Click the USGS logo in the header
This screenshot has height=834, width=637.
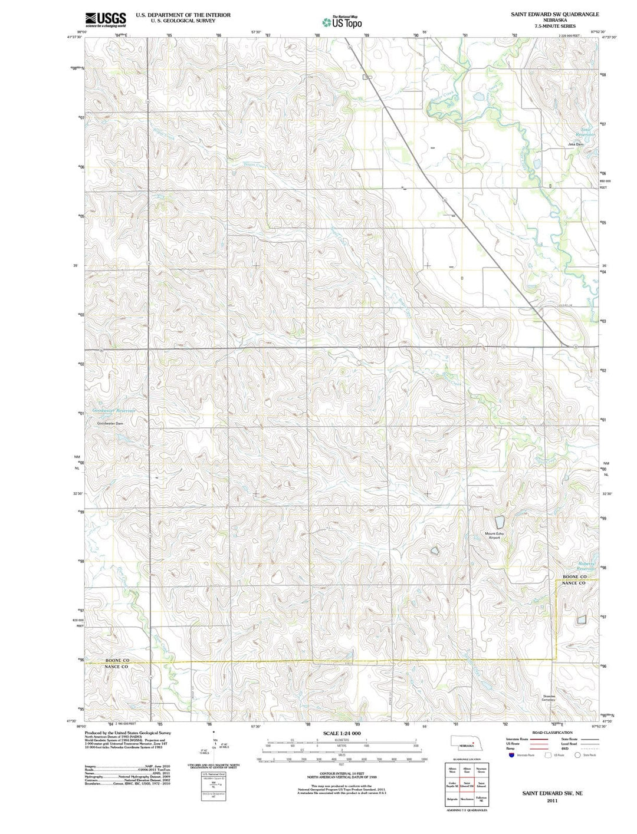(x=106, y=19)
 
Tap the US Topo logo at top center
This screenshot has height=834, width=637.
(x=342, y=22)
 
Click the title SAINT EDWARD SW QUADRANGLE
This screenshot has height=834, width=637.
(x=554, y=14)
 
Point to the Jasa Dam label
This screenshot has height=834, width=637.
(x=575, y=144)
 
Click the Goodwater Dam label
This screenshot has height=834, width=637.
(x=110, y=423)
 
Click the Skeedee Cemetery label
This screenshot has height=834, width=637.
(x=549, y=698)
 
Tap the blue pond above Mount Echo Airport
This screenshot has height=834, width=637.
(x=500, y=522)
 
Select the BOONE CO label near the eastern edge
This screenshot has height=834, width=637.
(x=574, y=576)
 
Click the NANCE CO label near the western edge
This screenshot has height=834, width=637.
(x=117, y=667)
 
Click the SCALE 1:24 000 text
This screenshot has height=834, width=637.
(x=342, y=733)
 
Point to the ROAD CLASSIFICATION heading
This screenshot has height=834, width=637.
(x=552, y=733)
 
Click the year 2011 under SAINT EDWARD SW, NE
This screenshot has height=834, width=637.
(x=551, y=801)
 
